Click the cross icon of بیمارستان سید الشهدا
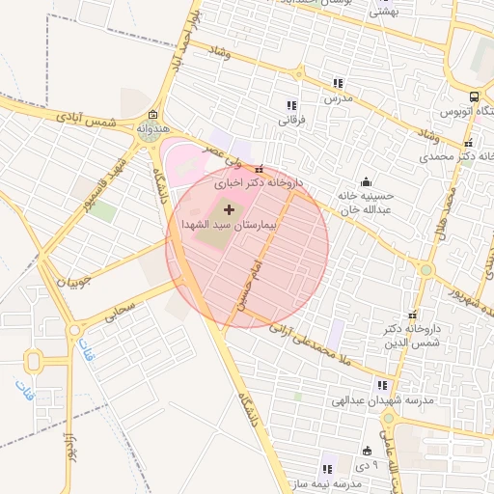pyautogui.click(x=229, y=208)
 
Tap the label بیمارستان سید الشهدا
pyautogui.click(x=228, y=223)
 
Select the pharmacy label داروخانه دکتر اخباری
pyautogui.click(x=258, y=181)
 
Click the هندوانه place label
pyautogui.click(x=152, y=126)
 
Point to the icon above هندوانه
pyautogui.click(x=152, y=115)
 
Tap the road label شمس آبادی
pyautogui.click(x=86, y=118)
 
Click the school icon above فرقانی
pyautogui.click(x=290, y=105)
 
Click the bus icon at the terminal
pyautogui.click(x=474, y=96)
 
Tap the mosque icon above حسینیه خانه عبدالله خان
pyautogui.click(x=366, y=181)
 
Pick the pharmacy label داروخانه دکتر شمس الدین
pyautogui.click(x=411, y=336)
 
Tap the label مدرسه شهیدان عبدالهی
pyautogui.click(x=383, y=399)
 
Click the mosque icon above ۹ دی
pyautogui.click(x=367, y=451)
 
